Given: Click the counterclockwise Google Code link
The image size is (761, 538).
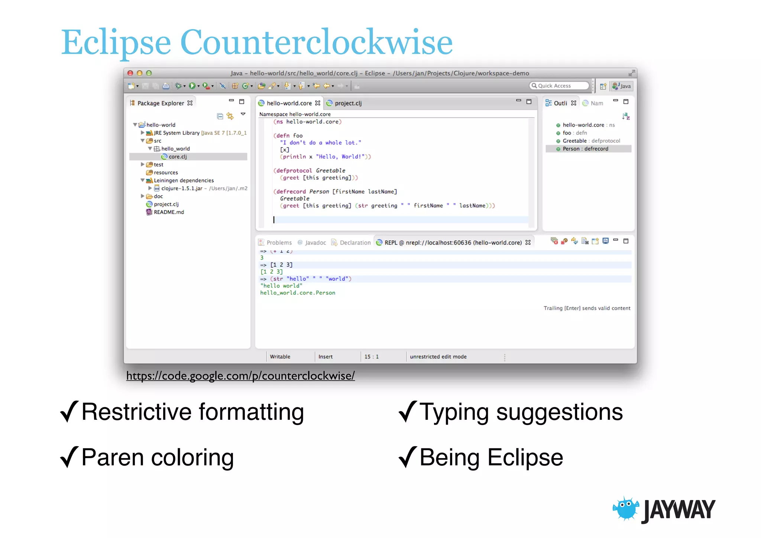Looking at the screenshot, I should [x=240, y=376].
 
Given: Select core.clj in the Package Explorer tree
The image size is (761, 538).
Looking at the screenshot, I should [x=177, y=157].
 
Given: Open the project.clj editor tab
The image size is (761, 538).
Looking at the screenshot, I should [x=347, y=103].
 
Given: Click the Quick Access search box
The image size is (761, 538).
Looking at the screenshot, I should [x=559, y=86].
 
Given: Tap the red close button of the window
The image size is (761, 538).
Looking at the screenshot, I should [x=130, y=73].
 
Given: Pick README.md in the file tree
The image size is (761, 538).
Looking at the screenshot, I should [x=169, y=212].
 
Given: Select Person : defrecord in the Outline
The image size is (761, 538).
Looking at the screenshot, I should [x=585, y=149].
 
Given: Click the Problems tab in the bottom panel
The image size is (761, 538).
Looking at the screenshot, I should [x=279, y=243].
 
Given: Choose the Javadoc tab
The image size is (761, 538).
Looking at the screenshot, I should [x=315, y=243].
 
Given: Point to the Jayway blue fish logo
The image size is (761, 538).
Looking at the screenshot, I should [x=626, y=508].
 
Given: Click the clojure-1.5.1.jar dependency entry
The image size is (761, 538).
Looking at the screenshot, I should [x=182, y=189].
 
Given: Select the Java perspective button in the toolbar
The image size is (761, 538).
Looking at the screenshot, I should [x=622, y=86].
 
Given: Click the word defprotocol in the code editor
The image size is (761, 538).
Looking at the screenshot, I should [x=294, y=171].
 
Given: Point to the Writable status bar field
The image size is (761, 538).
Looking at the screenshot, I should [x=280, y=357].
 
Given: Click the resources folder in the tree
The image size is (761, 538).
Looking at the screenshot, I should [x=166, y=173].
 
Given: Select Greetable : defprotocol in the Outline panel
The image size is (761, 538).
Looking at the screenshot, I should [x=591, y=141].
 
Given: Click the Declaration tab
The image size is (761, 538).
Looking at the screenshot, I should [x=355, y=243].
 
